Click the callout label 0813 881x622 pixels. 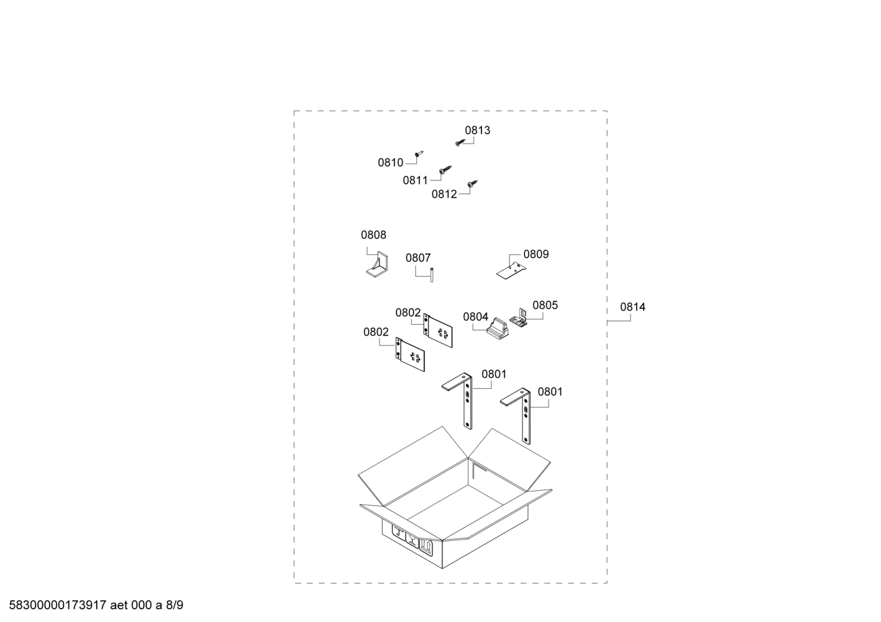click(478, 130)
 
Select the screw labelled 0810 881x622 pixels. click(419, 153)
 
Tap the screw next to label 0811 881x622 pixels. click(445, 169)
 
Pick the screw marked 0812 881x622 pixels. click(472, 183)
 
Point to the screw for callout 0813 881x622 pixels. click(460, 142)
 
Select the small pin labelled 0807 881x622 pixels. click(432, 275)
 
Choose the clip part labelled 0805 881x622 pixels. click(519, 319)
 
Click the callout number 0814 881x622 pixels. click(632, 307)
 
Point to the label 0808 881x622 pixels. click(373, 235)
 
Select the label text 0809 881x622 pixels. click(536, 254)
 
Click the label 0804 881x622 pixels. click(475, 317)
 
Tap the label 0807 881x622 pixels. click(418, 258)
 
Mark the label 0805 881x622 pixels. click(545, 305)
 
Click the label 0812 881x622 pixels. click(444, 194)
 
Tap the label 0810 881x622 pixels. click(390, 162)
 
